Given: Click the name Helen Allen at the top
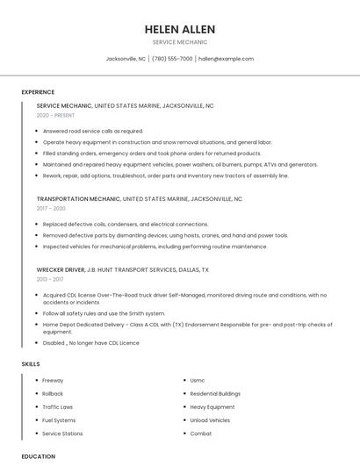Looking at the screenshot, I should click(180, 29).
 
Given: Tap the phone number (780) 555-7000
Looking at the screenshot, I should click(172, 59).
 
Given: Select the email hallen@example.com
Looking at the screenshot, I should click(226, 59).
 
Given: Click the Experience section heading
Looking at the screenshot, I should click(38, 92).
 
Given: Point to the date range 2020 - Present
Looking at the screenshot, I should click(55, 116).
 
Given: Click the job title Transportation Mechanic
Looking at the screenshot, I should click(78, 199).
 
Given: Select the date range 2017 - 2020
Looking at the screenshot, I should click(51, 209).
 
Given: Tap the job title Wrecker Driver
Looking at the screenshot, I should click(61, 270).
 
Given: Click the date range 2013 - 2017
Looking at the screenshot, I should click(51, 280).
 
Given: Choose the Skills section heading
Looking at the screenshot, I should click(31, 363).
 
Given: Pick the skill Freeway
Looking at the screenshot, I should click(53, 381).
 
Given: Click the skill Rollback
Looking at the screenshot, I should click(53, 394).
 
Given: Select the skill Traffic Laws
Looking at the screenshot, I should click(57, 407).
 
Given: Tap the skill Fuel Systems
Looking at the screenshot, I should click(59, 420).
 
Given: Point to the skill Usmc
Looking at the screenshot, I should click(198, 381).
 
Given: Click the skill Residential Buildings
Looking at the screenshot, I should click(215, 394).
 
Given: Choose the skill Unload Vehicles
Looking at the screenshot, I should click(210, 420).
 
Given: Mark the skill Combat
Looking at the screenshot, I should click(201, 433).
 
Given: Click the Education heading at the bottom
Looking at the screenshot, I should click(38, 457).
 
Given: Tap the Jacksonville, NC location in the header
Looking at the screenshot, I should click(126, 59).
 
